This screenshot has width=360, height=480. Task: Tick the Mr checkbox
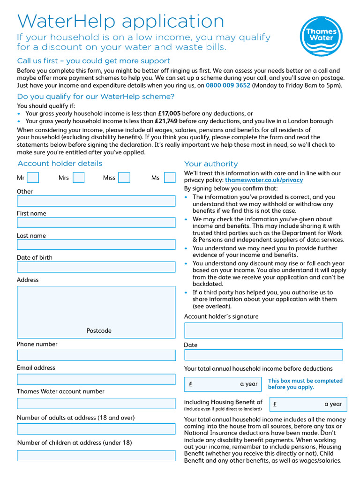click(x=33, y=178)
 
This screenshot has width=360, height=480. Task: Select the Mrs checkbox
click(x=79, y=178)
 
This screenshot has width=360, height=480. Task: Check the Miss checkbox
click(x=124, y=178)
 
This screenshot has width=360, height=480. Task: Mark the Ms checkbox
click(x=170, y=178)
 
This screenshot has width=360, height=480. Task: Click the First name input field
click(x=96, y=223)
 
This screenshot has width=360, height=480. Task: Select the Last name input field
click(x=96, y=244)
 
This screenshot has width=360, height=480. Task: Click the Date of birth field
click(x=96, y=267)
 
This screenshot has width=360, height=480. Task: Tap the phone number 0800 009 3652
click(x=228, y=85)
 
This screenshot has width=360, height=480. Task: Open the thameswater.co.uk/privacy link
click(x=264, y=180)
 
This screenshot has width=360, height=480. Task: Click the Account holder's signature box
click(x=263, y=330)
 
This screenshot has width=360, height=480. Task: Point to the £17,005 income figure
click(x=169, y=113)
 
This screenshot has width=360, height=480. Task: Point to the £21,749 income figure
click(x=166, y=121)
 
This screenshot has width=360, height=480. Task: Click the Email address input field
click(x=96, y=379)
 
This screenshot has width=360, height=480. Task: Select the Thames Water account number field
click(x=96, y=404)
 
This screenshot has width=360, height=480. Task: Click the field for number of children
click(x=96, y=455)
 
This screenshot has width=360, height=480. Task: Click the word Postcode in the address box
click(x=99, y=331)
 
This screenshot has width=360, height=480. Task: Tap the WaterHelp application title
click(x=121, y=22)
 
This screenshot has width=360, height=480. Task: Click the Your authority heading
click(x=211, y=164)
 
